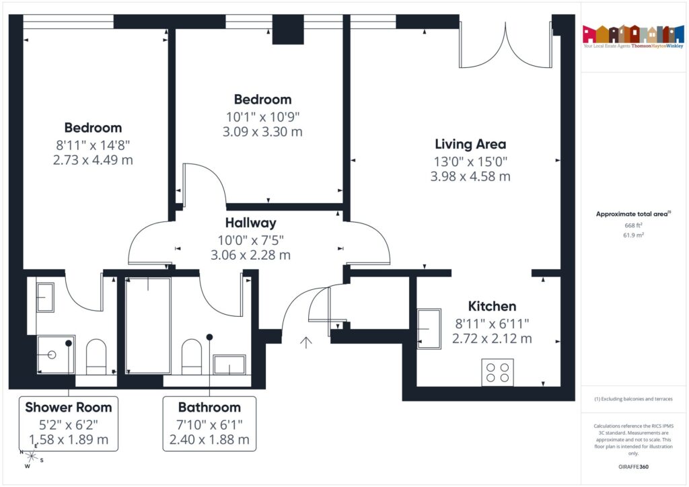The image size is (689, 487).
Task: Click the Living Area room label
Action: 470,144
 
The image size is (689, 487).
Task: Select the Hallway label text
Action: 250,223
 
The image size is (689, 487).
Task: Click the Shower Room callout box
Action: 69,424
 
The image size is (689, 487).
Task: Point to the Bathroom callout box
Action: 209,424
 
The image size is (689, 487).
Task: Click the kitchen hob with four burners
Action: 497,373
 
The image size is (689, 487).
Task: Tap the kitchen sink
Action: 429,329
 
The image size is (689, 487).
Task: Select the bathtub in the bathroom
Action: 148,325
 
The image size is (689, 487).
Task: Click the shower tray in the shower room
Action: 55,354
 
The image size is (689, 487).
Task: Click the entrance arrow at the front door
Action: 306,342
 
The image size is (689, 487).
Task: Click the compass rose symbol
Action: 30,457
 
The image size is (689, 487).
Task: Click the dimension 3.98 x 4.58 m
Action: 470,177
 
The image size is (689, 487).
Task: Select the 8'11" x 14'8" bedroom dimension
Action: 93,144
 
